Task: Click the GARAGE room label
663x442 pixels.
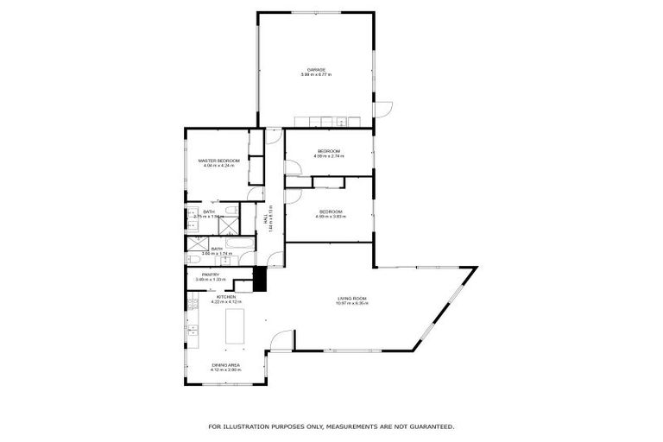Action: tap(316, 70)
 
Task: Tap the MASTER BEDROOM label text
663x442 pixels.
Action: tap(218, 161)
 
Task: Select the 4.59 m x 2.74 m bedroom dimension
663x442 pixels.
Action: tap(330, 157)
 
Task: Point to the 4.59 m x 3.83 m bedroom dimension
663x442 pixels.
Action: tap(331, 218)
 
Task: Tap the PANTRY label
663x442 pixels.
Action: tap(211, 275)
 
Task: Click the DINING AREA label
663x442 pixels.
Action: tap(225, 365)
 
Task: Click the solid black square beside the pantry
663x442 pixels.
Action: tap(258, 280)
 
